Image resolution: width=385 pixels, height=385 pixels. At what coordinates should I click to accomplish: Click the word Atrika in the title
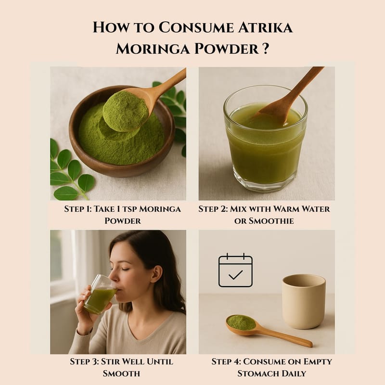pos(265,27)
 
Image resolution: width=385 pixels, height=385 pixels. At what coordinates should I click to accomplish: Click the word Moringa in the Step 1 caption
pos(160,209)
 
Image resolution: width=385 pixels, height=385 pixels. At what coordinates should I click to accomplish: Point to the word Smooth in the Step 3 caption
pos(121,373)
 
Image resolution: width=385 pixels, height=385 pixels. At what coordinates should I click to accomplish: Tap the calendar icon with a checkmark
pos(235,270)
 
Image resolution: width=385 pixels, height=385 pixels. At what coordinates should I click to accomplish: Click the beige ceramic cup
pos(304,302)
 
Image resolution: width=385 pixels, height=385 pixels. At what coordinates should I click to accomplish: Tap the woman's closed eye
pos(125,269)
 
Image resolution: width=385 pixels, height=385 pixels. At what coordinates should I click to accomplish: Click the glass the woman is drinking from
pos(100,295)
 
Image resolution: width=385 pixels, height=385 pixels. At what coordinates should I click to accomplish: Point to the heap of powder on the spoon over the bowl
pos(126,111)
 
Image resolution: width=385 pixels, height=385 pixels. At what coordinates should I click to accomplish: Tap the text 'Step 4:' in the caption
pos(226,362)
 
